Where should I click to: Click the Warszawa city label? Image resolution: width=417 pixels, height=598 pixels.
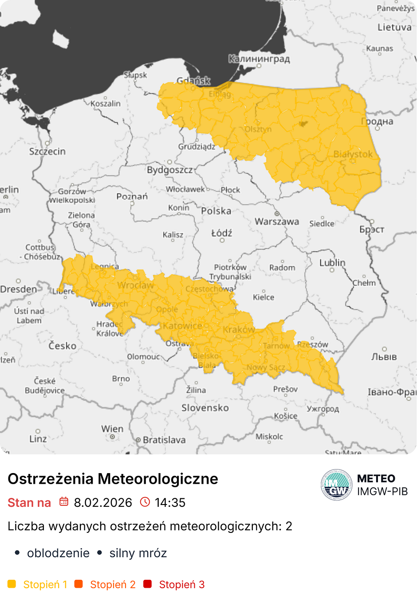pyautogui.click(x=277, y=221)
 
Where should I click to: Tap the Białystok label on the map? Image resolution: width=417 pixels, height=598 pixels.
pyautogui.click(x=353, y=154)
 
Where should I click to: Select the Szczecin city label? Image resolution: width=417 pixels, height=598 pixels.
pyautogui.click(x=47, y=151)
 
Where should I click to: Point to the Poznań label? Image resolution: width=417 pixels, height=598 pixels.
pyautogui.click(x=132, y=196)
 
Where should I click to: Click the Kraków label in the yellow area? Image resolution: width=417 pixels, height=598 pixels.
pyautogui.click(x=239, y=330)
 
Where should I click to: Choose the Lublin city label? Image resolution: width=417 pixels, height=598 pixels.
pyautogui.click(x=332, y=263)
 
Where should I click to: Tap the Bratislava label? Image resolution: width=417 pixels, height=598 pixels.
pyautogui.click(x=164, y=440)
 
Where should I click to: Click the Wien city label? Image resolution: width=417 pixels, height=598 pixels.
pyautogui.click(x=112, y=429)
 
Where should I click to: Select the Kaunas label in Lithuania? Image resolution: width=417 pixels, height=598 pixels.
pyautogui.click(x=380, y=48)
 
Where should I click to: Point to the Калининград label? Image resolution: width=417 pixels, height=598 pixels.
pyautogui.click(x=259, y=58)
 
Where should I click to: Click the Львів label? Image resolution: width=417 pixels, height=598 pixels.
pyautogui.click(x=384, y=357)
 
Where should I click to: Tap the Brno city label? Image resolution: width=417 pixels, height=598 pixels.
pyautogui.click(x=121, y=379)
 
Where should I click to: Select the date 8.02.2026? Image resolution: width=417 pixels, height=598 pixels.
pyautogui.click(x=103, y=503)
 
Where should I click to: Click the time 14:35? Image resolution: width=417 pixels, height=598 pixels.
pyautogui.click(x=170, y=503)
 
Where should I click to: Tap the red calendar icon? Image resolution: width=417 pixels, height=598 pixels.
pyautogui.click(x=64, y=502)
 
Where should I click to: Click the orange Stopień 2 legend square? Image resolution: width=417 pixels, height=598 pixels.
pyautogui.click(x=79, y=584)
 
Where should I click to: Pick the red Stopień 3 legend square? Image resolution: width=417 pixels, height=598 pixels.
pyautogui.click(x=148, y=584)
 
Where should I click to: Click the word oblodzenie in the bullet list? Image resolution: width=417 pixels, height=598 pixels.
pyautogui.click(x=58, y=553)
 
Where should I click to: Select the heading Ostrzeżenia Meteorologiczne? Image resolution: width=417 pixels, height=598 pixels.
pyautogui.click(x=113, y=479)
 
